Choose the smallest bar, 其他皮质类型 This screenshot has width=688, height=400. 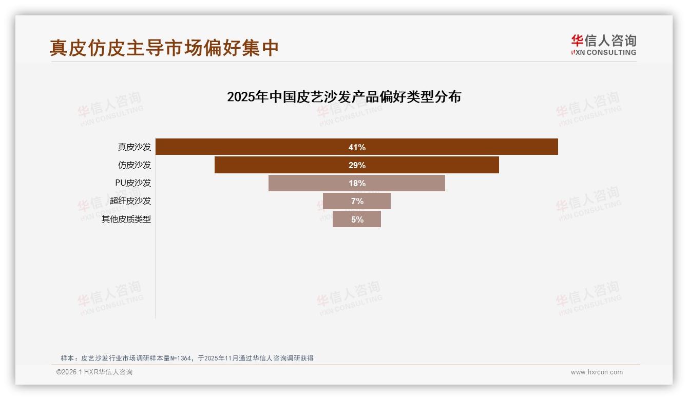click(343, 219)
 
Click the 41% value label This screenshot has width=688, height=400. click(357, 147)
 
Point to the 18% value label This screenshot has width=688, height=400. click(357, 183)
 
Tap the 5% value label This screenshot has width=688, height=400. click(357, 219)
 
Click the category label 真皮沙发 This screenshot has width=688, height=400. click(135, 147)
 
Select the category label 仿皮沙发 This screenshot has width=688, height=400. click(135, 165)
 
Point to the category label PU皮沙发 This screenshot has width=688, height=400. click(133, 183)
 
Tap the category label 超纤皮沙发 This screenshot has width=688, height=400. click(130, 201)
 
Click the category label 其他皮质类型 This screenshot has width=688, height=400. click(126, 219)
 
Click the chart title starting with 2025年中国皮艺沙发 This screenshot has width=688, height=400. click(344, 96)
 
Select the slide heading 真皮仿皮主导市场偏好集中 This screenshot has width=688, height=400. click(164, 48)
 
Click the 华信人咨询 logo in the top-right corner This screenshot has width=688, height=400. click(603, 45)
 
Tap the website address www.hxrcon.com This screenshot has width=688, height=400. click(597, 372)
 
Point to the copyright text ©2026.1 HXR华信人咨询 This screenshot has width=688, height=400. click(94, 372)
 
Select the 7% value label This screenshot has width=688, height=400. click(357, 201)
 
